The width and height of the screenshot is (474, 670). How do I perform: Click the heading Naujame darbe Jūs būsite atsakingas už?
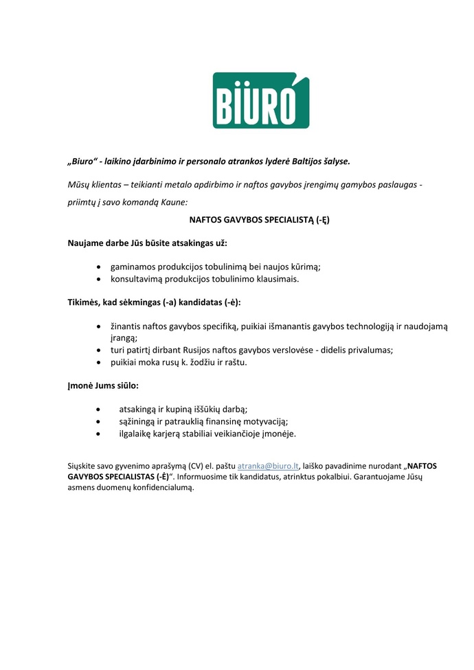tap(147, 243)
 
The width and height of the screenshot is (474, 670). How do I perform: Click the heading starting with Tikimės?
tap(154, 302)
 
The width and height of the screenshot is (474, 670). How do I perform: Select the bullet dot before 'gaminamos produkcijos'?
tap(100, 266)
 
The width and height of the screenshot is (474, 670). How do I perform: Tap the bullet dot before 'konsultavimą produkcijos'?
tap(100, 279)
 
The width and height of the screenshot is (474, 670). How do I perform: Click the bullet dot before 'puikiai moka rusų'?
tap(100, 361)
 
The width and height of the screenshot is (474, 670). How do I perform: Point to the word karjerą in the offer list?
tap(177, 434)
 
